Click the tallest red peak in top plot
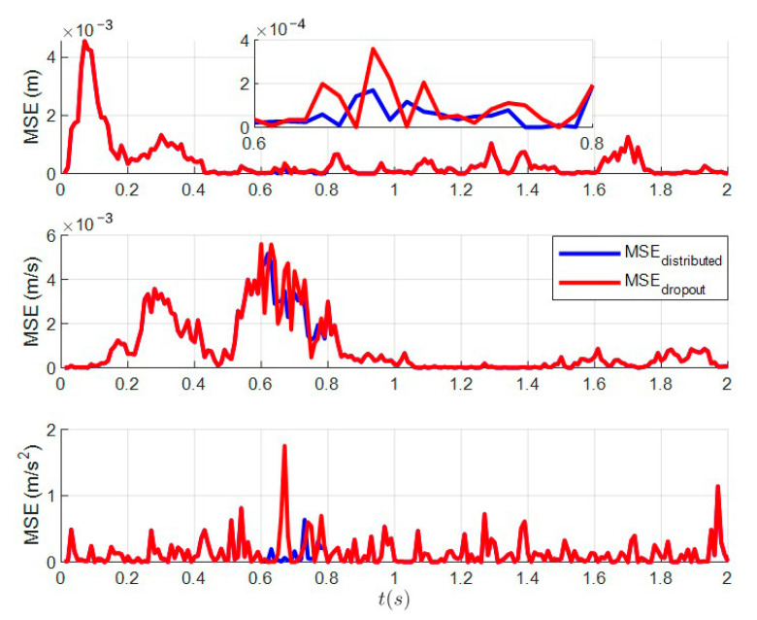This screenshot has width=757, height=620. [x=85, y=42]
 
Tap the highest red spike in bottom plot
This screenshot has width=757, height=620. [x=284, y=446]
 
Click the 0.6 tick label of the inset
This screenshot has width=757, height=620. [x=254, y=142]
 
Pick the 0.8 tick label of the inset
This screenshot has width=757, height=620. [x=591, y=142]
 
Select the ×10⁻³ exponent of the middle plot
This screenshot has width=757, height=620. [x=87, y=220]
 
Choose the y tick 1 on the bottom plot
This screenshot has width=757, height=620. [x=49, y=496]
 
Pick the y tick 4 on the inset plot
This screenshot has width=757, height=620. [x=244, y=40]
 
